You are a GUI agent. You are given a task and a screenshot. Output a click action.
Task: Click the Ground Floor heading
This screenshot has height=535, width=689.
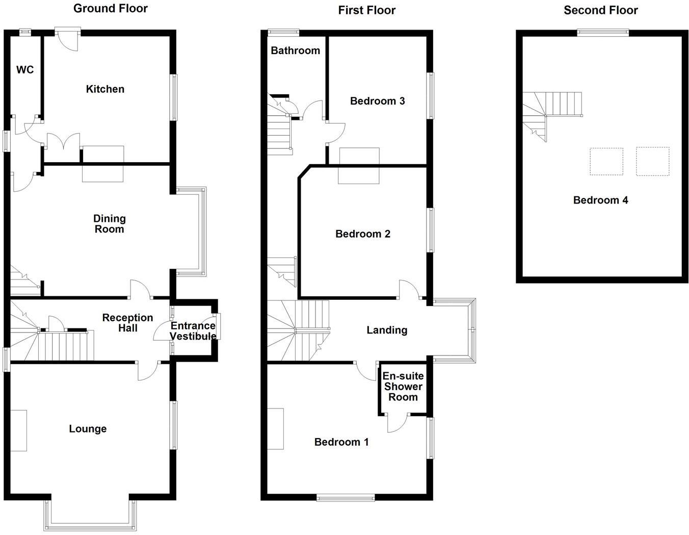click(111, 8)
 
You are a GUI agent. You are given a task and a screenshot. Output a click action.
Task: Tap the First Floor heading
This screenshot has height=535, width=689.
click(366, 10)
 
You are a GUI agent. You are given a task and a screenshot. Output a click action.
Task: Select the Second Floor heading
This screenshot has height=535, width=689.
click(600, 10)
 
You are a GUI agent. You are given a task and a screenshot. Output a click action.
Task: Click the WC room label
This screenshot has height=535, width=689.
click(25, 70)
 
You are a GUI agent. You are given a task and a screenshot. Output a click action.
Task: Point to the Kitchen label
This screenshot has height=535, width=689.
click(105, 89)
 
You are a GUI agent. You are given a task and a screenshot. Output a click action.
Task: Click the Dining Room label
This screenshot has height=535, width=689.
click(109, 224)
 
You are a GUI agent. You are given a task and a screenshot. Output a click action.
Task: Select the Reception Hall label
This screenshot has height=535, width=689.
click(127, 323)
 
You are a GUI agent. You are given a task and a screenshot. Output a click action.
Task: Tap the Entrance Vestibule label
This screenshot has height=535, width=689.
click(193, 331)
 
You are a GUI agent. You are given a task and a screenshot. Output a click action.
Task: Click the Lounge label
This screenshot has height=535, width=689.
click(88, 429)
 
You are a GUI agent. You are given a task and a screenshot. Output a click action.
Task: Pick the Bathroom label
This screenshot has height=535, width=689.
click(295, 50)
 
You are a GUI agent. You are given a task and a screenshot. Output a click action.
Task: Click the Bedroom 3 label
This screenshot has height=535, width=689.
click(377, 101)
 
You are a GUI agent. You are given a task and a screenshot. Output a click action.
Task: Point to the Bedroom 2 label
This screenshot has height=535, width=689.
click(362, 234)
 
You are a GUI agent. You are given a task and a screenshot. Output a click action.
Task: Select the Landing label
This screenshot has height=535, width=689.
click(387, 330)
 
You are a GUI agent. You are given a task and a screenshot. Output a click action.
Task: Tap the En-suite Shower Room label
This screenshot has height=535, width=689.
click(403, 387)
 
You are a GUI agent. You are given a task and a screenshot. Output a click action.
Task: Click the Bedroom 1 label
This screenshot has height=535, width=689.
click(341, 442)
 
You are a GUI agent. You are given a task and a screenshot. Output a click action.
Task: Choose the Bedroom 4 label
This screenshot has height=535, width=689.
click(600, 200)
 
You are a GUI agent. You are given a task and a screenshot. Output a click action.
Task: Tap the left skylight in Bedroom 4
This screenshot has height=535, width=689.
click(606, 162)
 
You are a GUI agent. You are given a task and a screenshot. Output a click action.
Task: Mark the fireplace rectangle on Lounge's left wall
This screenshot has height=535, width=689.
click(19, 430)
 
